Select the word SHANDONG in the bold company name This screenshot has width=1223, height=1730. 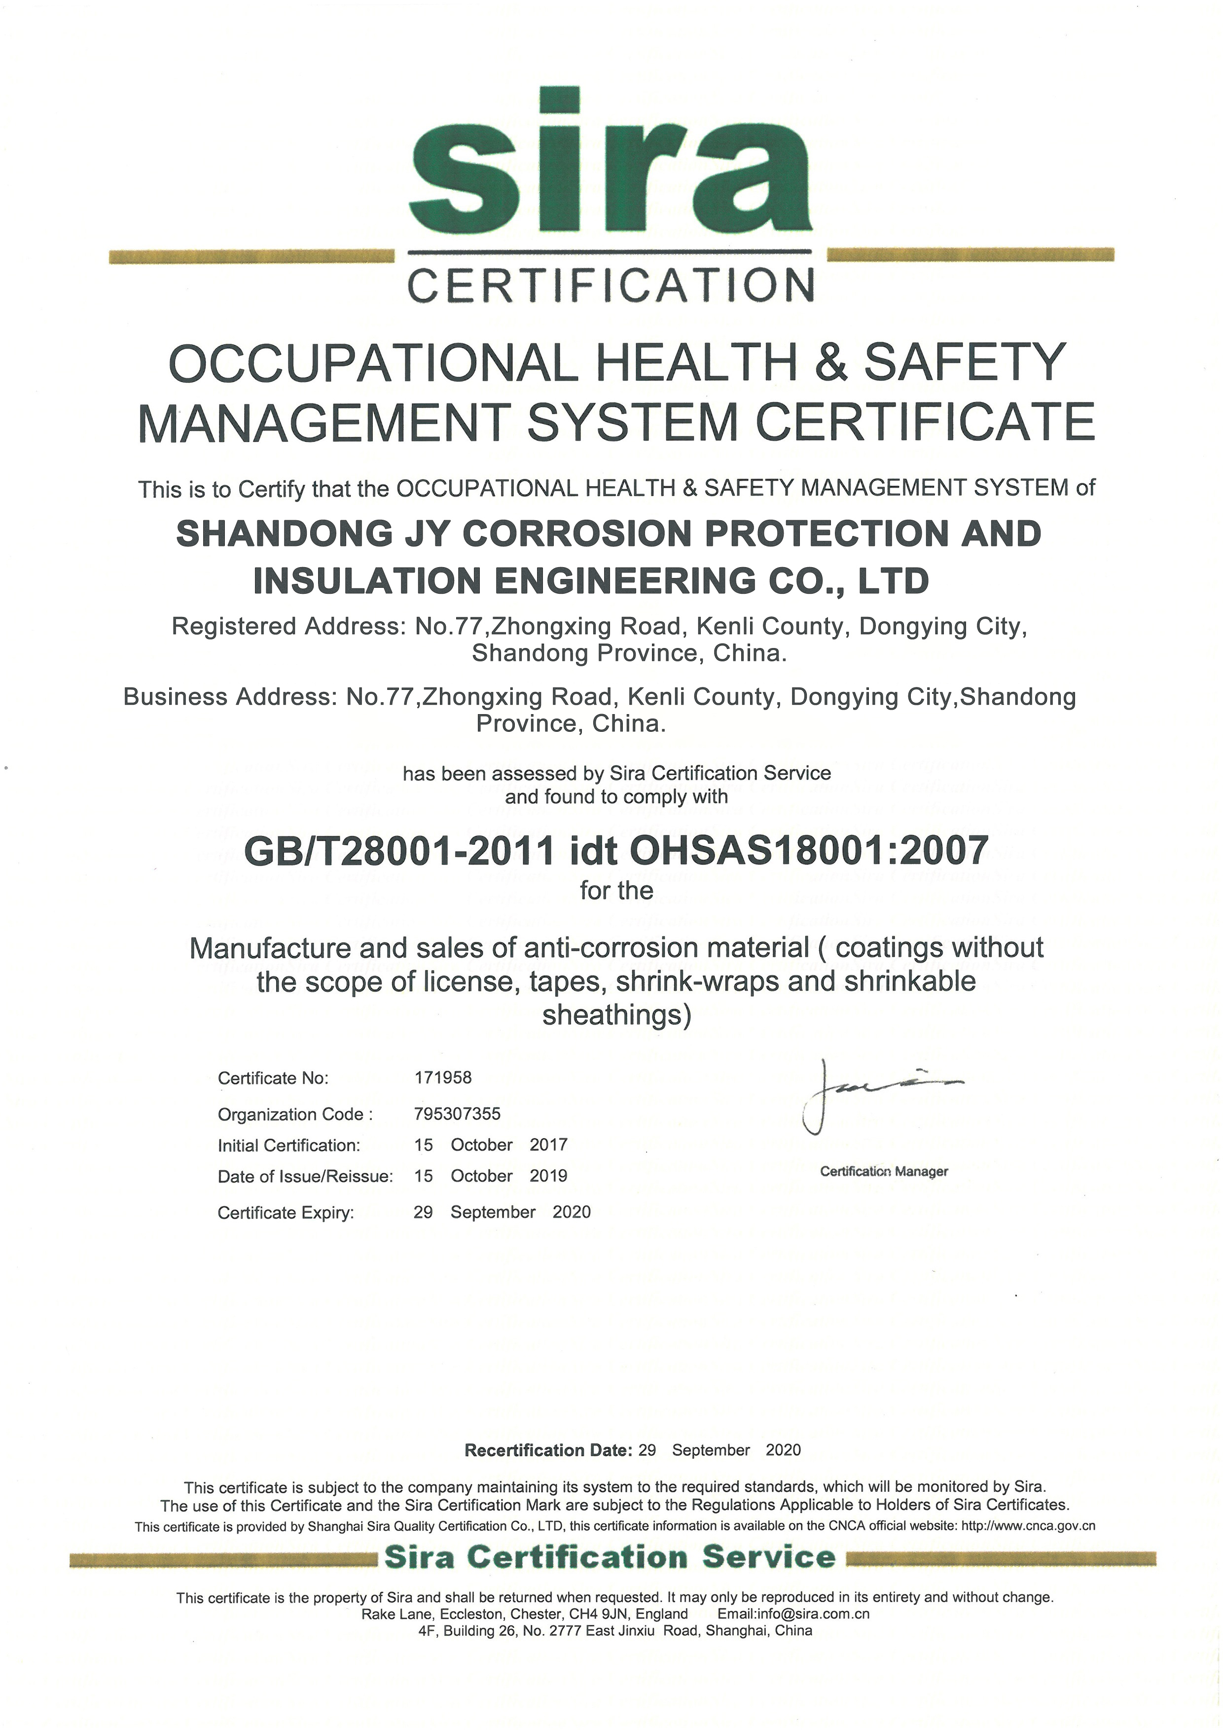coord(284,534)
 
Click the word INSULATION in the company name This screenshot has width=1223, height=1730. coord(367,581)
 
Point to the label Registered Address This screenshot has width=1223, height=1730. coord(288,626)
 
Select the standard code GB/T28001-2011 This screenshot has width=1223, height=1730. coord(399,851)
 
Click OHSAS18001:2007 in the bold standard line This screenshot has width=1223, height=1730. coord(809,851)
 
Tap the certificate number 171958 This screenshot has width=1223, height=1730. coord(443,1078)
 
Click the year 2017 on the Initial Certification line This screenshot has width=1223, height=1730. coord(548,1145)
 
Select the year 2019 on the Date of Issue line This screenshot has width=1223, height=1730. coord(548,1175)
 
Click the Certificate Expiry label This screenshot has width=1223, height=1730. coord(286,1212)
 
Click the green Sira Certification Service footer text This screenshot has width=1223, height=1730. coord(611,1557)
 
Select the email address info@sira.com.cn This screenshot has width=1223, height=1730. coord(793,1614)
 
